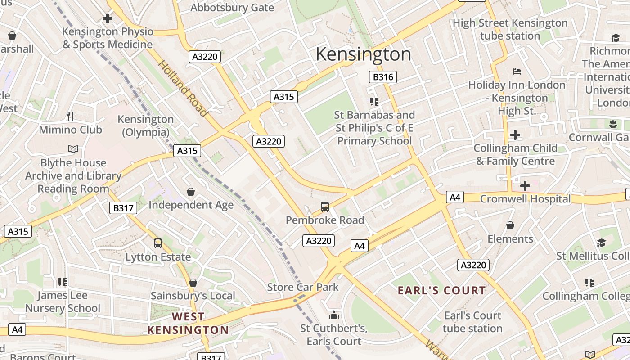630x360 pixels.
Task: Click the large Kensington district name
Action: (363, 54)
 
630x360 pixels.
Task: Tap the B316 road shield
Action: (383, 77)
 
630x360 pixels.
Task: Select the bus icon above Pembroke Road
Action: (325, 207)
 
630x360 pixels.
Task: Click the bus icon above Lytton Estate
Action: (158, 243)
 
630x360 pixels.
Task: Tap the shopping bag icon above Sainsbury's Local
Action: (193, 283)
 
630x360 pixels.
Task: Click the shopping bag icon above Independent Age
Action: (191, 192)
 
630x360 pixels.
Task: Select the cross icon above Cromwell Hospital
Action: (525, 185)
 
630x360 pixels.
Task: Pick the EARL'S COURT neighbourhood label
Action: (442, 291)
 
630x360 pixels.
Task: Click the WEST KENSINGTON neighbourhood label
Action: (188, 323)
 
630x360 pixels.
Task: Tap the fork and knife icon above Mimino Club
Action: (70, 117)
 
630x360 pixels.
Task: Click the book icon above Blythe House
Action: (73, 149)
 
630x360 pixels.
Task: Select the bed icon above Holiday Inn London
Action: (517, 72)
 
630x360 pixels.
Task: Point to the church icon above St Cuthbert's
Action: (333, 315)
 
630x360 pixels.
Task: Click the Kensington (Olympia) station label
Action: (145, 126)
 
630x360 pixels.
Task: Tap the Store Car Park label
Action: (303, 287)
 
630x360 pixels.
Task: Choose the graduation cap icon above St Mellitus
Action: (601, 243)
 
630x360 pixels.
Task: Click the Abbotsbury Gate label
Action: (232, 8)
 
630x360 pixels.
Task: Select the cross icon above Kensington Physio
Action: (107, 18)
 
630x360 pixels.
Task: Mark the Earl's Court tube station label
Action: (472, 322)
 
